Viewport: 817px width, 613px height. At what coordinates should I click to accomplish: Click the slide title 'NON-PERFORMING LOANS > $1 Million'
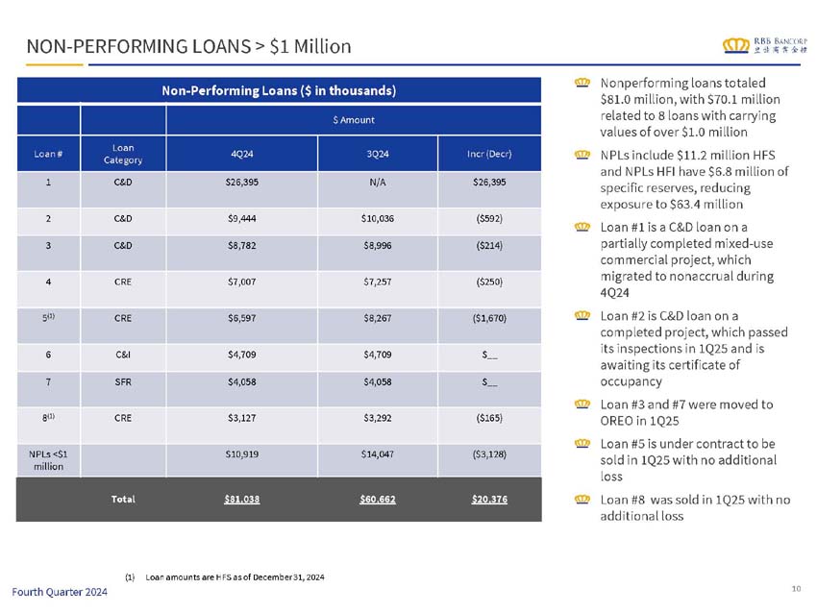[188, 46]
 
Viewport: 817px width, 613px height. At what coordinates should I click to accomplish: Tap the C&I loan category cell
[123, 352]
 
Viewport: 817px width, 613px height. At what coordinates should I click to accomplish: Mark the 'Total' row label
[123, 500]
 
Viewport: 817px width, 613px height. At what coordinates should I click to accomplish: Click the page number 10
[797, 587]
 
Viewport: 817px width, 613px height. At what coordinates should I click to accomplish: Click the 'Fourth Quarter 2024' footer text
[61, 592]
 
